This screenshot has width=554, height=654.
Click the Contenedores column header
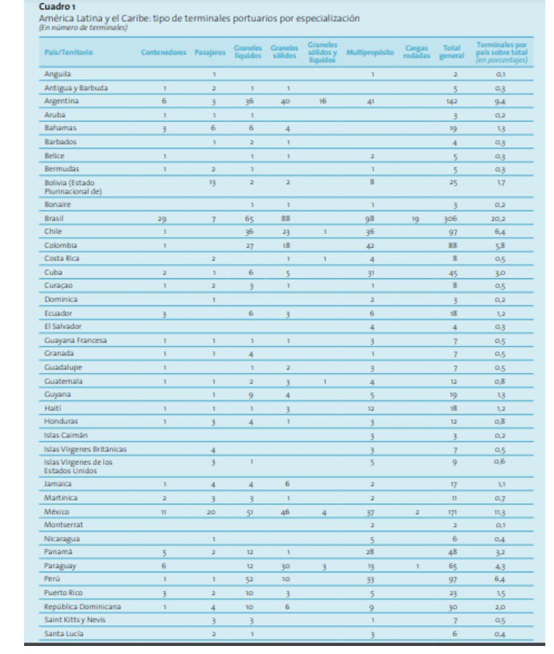(x=163, y=52)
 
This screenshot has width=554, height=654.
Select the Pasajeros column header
(x=210, y=52)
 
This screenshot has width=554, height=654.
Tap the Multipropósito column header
(x=370, y=52)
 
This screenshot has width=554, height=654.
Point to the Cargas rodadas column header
(x=417, y=52)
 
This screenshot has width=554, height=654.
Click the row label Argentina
(x=62, y=101)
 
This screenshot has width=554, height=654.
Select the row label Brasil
(x=54, y=218)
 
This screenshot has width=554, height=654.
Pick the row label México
(x=56, y=511)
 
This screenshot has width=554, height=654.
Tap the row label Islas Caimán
(x=66, y=435)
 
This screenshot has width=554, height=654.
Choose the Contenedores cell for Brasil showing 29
(x=162, y=218)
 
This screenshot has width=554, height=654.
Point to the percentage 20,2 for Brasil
(x=500, y=218)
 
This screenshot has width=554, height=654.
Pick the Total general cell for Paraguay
(x=452, y=566)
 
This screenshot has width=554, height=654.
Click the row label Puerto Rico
(x=64, y=592)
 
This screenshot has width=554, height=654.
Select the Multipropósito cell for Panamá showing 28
(x=371, y=552)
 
